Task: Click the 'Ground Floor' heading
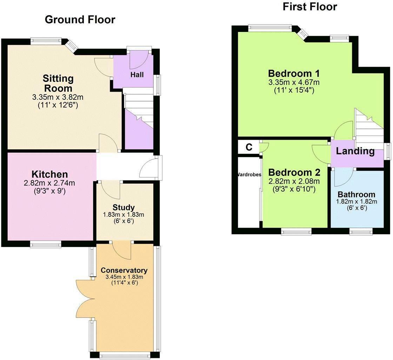pos(80,20)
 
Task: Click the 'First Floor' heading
pos(310,6)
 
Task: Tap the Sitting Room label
pos(58,83)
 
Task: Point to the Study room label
pos(124,207)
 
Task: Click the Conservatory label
pos(124,270)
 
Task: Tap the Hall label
pos(137,74)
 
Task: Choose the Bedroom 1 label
pos(294,73)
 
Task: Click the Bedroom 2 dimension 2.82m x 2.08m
pos(294,182)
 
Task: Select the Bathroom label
pos(356,195)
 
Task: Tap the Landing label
pos(355,151)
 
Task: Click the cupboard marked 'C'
pos(249,147)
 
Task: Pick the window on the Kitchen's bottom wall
pos(46,244)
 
